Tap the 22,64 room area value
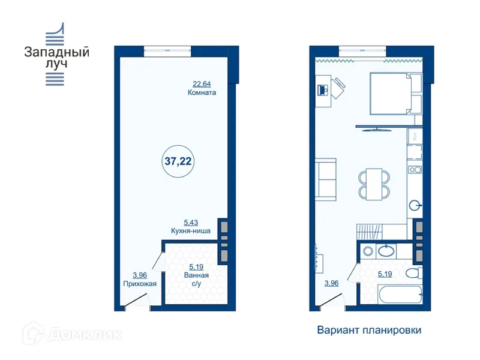click(x=202, y=84)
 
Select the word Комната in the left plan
click(x=202, y=93)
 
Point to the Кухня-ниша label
click(x=190, y=230)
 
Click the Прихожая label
click(x=140, y=284)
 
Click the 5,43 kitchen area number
click(x=190, y=222)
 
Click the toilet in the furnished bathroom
click(x=413, y=274)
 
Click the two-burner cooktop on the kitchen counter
click(x=414, y=170)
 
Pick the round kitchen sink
click(x=414, y=206)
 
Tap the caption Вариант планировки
click(x=369, y=330)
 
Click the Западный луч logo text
click(x=56, y=58)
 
